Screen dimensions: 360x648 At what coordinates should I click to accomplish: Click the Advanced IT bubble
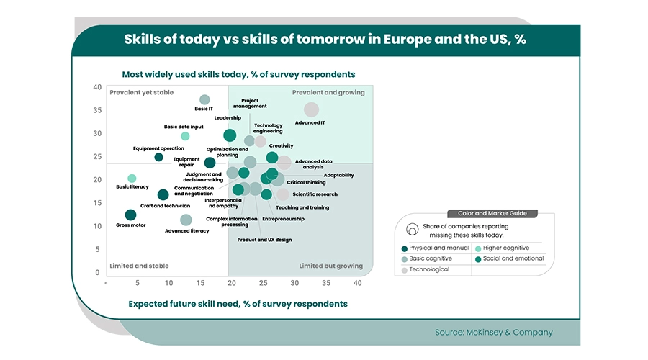tap(311, 109)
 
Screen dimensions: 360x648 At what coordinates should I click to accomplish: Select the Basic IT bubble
tap(204, 99)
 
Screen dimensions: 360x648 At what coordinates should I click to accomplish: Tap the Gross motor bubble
tap(130, 215)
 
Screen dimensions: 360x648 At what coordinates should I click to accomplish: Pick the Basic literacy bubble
tap(132, 178)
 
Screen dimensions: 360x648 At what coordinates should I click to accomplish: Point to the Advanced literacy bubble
tap(186, 220)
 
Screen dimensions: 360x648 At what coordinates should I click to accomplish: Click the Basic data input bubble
tap(185, 136)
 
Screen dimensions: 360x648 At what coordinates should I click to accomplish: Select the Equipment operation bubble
tap(158, 157)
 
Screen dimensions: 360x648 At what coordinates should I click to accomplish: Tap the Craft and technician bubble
tap(163, 194)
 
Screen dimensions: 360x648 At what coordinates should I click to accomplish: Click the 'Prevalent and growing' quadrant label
tap(328, 93)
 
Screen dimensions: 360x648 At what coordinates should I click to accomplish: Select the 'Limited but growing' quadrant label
tap(330, 266)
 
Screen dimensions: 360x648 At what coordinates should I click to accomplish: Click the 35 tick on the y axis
tap(97, 110)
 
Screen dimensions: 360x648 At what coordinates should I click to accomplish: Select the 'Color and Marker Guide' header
tap(492, 213)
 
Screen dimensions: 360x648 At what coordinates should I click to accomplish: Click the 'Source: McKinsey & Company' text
tap(493, 333)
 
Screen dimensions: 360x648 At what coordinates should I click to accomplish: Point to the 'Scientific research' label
tap(315, 194)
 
